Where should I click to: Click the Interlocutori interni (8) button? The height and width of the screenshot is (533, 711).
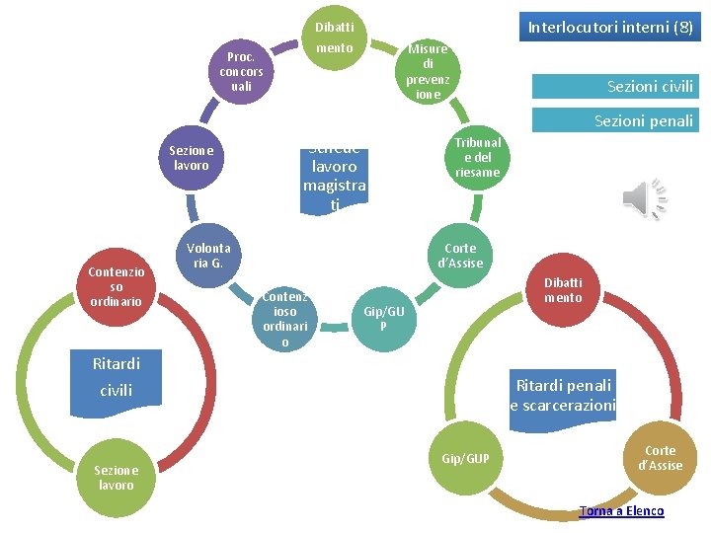[x=610, y=28]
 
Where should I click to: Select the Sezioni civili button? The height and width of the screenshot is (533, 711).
[x=613, y=86]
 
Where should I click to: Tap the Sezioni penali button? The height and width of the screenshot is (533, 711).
[x=613, y=120]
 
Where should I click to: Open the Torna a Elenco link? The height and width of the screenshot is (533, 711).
[x=621, y=510]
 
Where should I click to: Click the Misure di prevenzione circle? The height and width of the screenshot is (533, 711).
[x=428, y=71]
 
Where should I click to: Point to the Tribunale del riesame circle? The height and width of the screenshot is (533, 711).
[x=478, y=157]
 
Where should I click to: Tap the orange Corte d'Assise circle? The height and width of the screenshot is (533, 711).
[x=661, y=458]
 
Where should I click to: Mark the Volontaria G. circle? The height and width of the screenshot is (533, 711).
[x=209, y=256]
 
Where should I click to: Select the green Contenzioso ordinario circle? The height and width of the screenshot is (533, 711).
[x=285, y=319]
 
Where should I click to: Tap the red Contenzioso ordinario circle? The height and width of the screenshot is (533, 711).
[x=116, y=286]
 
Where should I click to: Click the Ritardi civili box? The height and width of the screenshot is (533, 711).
[x=117, y=377]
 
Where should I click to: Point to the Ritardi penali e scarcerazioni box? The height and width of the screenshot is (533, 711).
[x=562, y=395]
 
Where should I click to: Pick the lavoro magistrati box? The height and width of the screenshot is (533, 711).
[x=335, y=178]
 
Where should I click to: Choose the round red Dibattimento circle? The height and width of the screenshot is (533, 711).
[x=563, y=289]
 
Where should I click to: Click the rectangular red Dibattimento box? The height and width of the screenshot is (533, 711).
[x=335, y=37]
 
